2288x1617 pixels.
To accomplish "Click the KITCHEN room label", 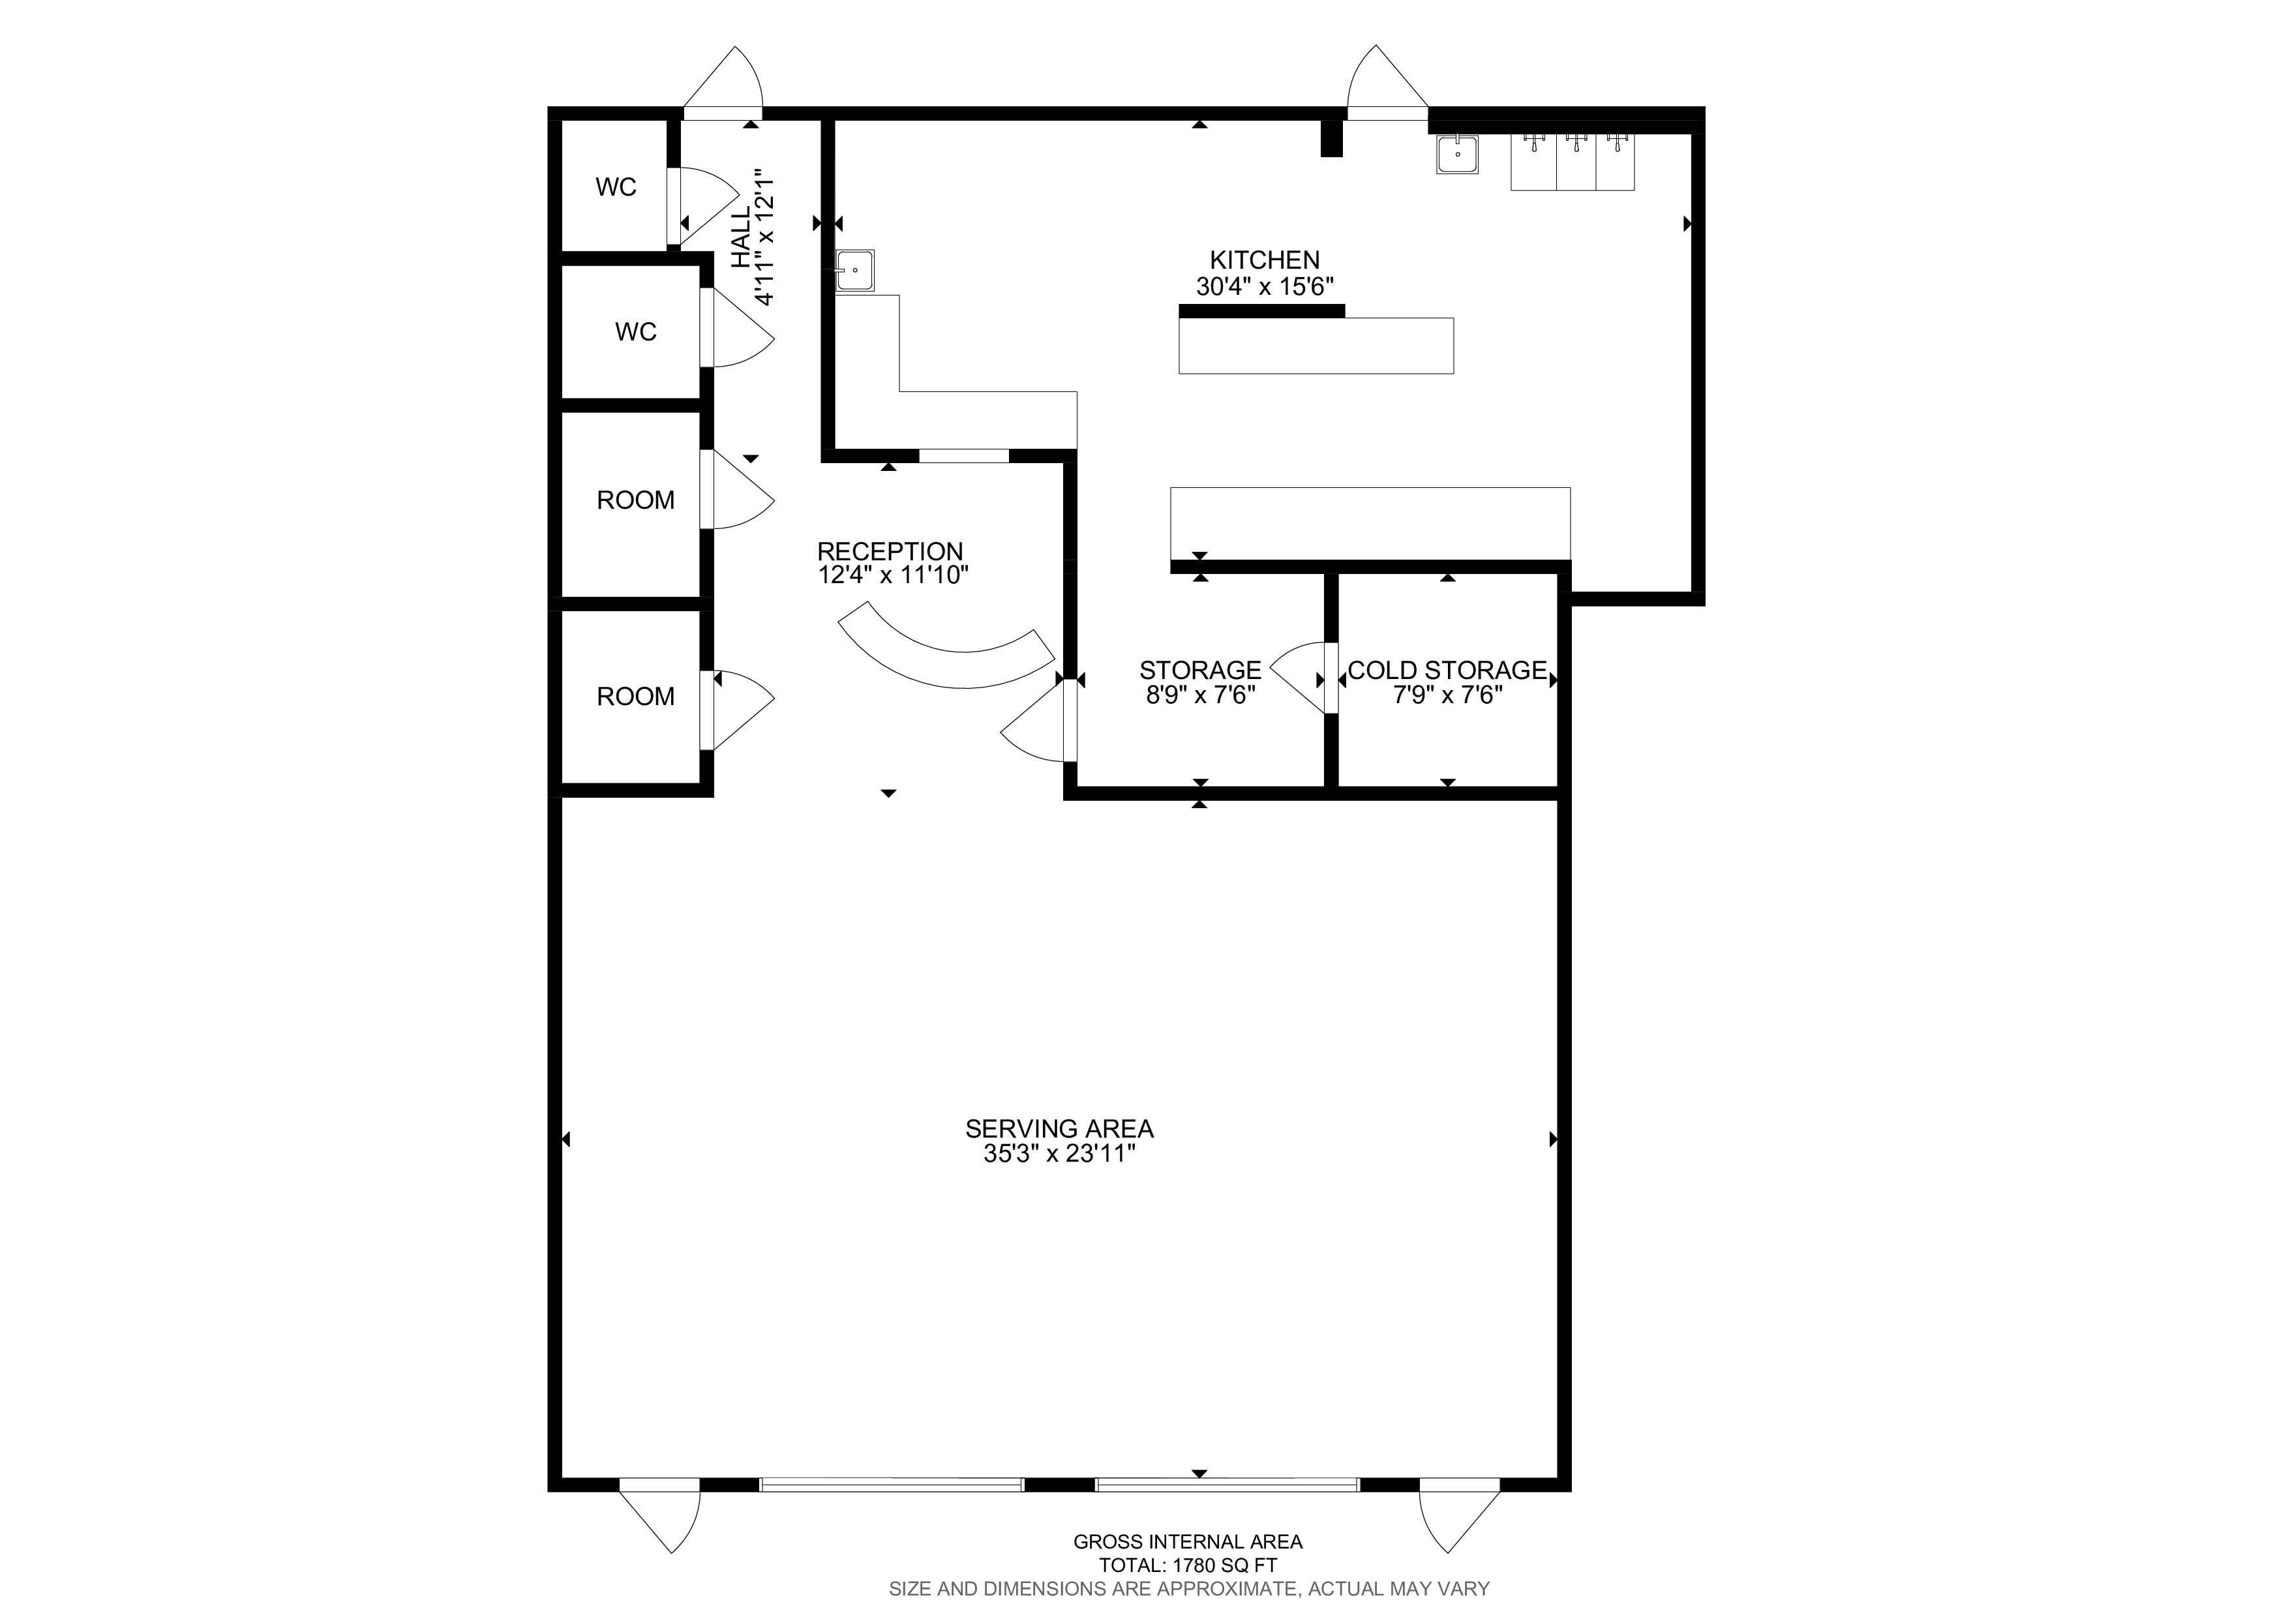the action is pos(1265,260).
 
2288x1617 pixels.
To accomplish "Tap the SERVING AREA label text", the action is pos(1059,1129).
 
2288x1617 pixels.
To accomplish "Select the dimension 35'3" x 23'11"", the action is pos(1059,1154).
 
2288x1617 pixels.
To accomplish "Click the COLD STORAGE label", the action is pos(1447,671).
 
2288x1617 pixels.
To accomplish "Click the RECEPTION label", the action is pos(890,551).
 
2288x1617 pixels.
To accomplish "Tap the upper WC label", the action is pos(616,187).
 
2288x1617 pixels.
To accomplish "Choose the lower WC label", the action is pos(636,332).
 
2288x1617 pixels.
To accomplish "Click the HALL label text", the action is pos(742,238).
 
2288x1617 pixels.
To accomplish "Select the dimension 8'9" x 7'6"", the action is pos(1200,695).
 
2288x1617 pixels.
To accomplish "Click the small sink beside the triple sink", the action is pos(1457,155).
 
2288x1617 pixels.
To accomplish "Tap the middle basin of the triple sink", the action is pos(1576,161).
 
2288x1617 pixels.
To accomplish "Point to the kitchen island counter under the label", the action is pos(1316,346).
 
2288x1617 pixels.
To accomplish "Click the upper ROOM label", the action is pos(636,500).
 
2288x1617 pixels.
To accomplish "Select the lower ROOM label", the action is pos(636,697).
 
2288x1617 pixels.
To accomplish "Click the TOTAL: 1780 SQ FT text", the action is pos(1188,1565).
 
